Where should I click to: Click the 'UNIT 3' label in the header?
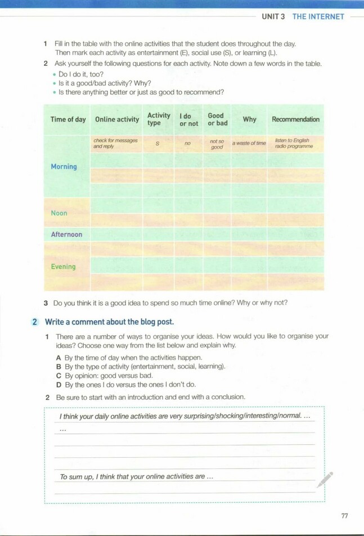[x=273, y=16]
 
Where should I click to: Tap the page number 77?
[x=344, y=516]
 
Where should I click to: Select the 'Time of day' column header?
[x=68, y=119]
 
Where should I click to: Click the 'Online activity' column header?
[x=117, y=119]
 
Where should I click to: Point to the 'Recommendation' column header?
[x=295, y=119]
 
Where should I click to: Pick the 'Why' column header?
[x=249, y=119]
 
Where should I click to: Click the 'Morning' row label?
[x=64, y=166]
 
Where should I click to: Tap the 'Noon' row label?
[x=59, y=213]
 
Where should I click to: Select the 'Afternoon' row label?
[x=66, y=235]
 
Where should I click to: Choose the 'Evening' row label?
[x=63, y=267]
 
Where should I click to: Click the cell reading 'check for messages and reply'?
[x=115, y=143]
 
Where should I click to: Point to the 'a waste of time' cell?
[x=249, y=143]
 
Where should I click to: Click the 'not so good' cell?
[x=217, y=144]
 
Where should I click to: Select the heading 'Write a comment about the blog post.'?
[x=109, y=322]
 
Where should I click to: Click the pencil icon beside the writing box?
[x=325, y=480]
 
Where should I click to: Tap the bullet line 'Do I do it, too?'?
[x=81, y=74]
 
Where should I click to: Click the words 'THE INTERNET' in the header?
[x=318, y=16]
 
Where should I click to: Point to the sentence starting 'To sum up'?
[x=137, y=476]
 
